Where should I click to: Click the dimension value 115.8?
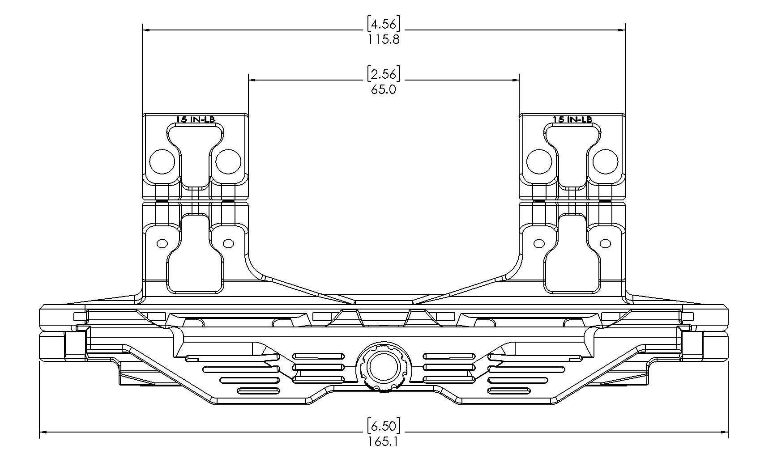pyautogui.click(x=384, y=39)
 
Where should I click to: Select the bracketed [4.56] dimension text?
pyautogui.click(x=384, y=24)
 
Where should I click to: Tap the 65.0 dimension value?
pyautogui.click(x=384, y=89)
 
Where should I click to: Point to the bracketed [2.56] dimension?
pyautogui.click(x=384, y=74)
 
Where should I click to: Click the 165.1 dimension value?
pyautogui.click(x=384, y=442)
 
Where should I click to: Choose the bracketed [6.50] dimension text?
pyautogui.click(x=384, y=425)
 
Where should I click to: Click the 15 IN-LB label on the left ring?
pyautogui.click(x=195, y=119)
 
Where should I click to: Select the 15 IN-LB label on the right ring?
pyautogui.click(x=572, y=119)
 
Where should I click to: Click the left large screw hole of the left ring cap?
pyautogui.click(x=162, y=161)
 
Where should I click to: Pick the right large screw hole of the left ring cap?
pyautogui.click(x=228, y=161)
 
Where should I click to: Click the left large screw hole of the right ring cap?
pyautogui.click(x=539, y=161)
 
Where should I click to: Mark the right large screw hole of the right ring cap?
pyautogui.click(x=606, y=161)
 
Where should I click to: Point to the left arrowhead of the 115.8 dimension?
pyautogui.click(x=145, y=30)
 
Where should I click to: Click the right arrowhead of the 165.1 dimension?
pyautogui.click(x=725, y=432)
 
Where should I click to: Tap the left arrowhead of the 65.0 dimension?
pyautogui.click(x=252, y=80)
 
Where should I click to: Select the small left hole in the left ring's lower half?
pyautogui.click(x=162, y=243)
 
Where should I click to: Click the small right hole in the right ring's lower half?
pyautogui.click(x=606, y=243)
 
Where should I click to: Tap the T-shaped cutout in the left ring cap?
pyautogui.click(x=195, y=148)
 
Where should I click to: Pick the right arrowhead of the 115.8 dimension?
pyautogui.click(x=622, y=30)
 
